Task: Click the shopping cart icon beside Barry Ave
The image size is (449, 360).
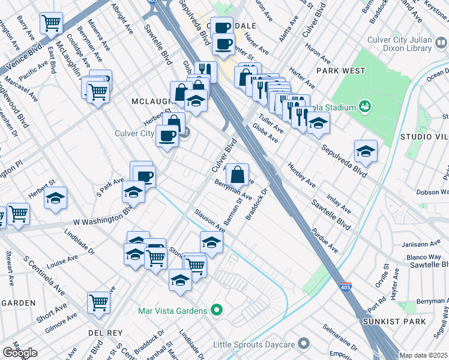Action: point(51,24)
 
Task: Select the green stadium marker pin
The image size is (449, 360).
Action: point(364,107)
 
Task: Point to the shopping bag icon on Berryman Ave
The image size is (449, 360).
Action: point(238,175)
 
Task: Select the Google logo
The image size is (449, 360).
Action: point(20,353)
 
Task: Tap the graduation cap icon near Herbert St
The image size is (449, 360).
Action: point(55,199)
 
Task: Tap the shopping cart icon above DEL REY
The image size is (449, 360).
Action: point(98,302)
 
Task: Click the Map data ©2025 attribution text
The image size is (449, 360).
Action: point(423,355)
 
